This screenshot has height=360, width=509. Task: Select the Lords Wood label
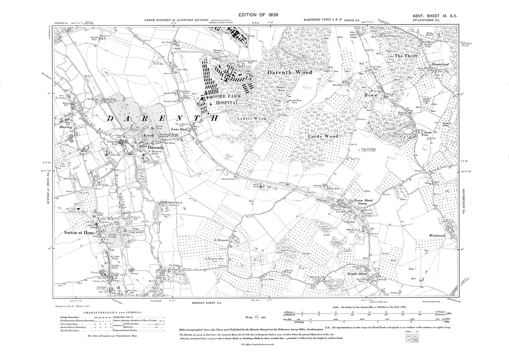323,136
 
